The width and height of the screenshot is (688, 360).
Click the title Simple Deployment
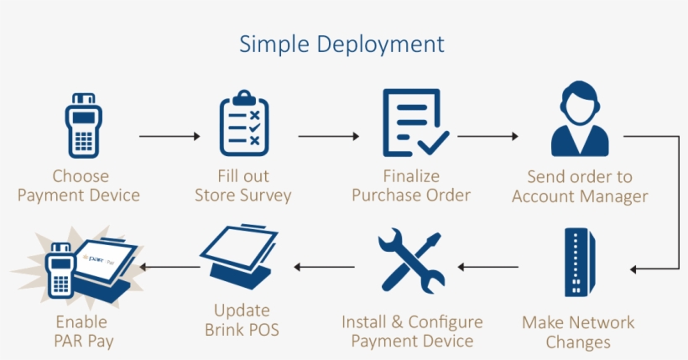click(x=341, y=44)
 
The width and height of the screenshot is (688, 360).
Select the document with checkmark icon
click(x=414, y=123)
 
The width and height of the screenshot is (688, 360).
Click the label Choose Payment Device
click(x=80, y=186)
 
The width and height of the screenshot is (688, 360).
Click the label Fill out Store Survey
click(x=243, y=186)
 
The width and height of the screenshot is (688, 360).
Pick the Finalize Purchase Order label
click(x=411, y=186)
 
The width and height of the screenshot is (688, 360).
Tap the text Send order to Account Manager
click(x=580, y=187)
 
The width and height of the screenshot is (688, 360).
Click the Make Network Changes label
click(x=578, y=332)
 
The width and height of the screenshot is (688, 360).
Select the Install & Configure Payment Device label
click(x=412, y=331)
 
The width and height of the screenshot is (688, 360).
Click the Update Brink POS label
click(x=242, y=320)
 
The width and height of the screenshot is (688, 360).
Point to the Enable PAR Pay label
click(x=81, y=331)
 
